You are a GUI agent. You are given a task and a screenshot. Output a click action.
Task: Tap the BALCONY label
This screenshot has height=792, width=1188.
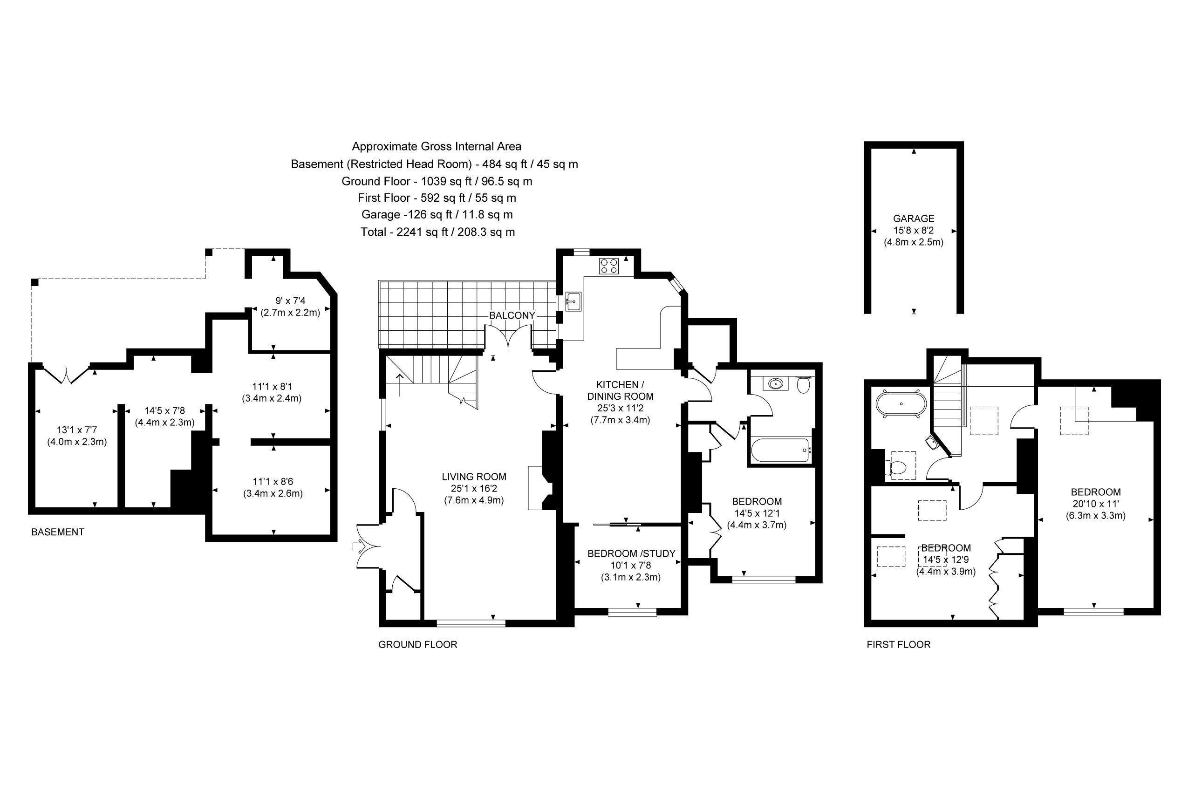[512, 315]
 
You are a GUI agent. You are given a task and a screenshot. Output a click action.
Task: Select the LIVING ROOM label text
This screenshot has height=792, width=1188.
[474, 476]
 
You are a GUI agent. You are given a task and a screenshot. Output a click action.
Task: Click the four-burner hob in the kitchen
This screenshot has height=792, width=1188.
[609, 266]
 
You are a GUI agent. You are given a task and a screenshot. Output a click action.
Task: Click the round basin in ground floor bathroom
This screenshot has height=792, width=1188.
[776, 384]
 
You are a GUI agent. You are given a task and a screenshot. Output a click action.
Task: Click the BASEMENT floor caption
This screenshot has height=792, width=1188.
[58, 532]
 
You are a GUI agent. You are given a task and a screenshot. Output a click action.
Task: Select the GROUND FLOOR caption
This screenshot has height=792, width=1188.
[418, 644]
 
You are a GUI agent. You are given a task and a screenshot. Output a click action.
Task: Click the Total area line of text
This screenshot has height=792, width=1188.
[437, 232]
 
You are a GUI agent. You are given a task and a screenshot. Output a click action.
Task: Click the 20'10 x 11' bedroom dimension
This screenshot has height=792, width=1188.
[1096, 504]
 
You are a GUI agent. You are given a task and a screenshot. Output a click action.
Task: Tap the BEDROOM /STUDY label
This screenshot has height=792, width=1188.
[631, 553]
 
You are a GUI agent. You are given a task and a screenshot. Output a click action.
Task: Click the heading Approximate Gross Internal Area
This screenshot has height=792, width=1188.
[437, 146]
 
